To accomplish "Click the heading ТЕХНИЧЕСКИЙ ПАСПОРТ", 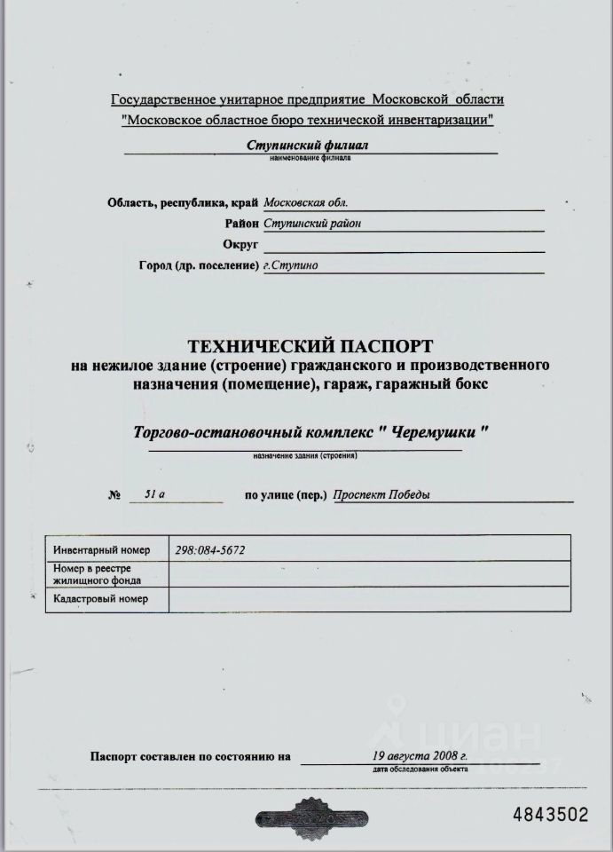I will click(x=310, y=344).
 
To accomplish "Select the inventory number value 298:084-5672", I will click(x=210, y=550).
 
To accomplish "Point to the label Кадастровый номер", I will click(x=99, y=600).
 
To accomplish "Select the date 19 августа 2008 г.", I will click(x=420, y=755).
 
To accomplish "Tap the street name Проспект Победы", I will click(x=381, y=495).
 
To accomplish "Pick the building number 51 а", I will click(x=154, y=494).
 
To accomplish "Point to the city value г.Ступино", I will click(x=291, y=265).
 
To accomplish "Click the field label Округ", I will click(x=240, y=244).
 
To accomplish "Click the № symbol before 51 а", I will click(x=113, y=495).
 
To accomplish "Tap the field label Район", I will click(x=241, y=224).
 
